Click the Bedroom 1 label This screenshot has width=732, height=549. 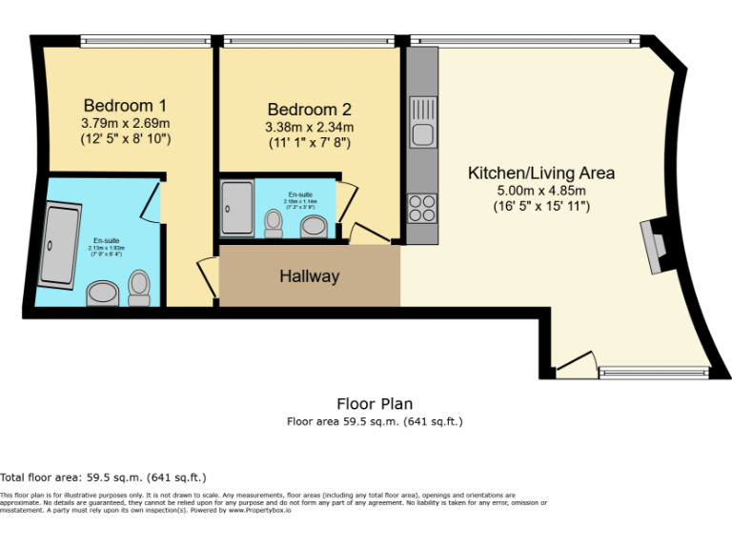click(125, 105)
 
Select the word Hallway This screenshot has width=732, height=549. click(309, 276)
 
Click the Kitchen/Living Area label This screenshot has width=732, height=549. click(540, 173)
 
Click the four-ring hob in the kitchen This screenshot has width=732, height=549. click(422, 206)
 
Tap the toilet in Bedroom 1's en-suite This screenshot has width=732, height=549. click(140, 287)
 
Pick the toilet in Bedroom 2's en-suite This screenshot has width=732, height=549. click(274, 222)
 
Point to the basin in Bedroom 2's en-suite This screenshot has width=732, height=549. click(313, 227)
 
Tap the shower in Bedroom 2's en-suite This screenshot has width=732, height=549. click(235, 208)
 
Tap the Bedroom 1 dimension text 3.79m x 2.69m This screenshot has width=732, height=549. click(125, 123)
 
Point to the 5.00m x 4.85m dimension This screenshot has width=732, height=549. click(540, 191)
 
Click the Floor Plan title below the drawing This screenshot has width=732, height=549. click(375, 404)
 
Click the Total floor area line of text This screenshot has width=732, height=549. click(103, 478)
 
